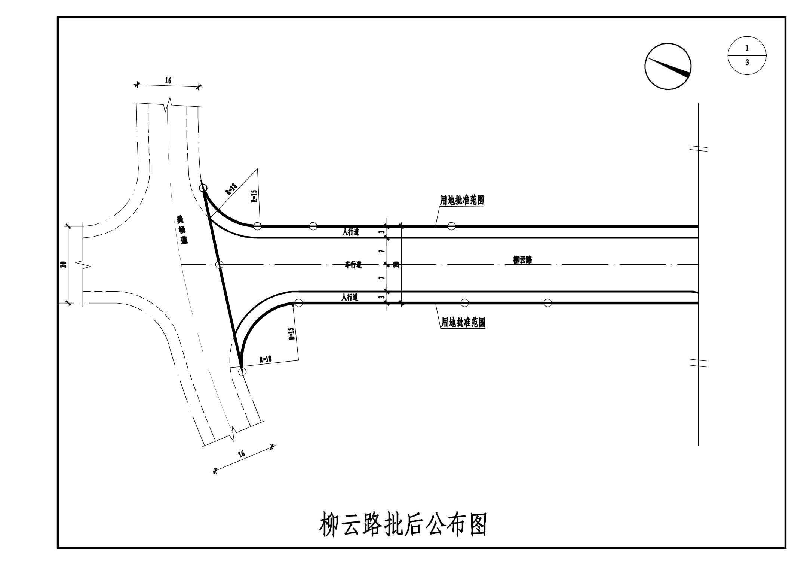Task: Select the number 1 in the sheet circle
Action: pos(747,48)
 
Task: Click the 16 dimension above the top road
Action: pos(168,80)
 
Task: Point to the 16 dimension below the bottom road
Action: pos(242,454)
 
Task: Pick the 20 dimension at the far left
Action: pos(64,264)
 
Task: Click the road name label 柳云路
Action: pos(522,260)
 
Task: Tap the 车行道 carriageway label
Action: pos(353,265)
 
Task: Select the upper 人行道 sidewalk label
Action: pos(350,232)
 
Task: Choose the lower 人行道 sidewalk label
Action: pos(350,298)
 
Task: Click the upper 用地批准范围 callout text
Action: pos(462,200)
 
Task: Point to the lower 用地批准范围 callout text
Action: pos(463,322)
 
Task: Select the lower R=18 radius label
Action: pos(265,359)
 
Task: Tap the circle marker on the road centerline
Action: pos(220,265)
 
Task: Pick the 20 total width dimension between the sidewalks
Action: pos(396,264)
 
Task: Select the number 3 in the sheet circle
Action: pos(747,63)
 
